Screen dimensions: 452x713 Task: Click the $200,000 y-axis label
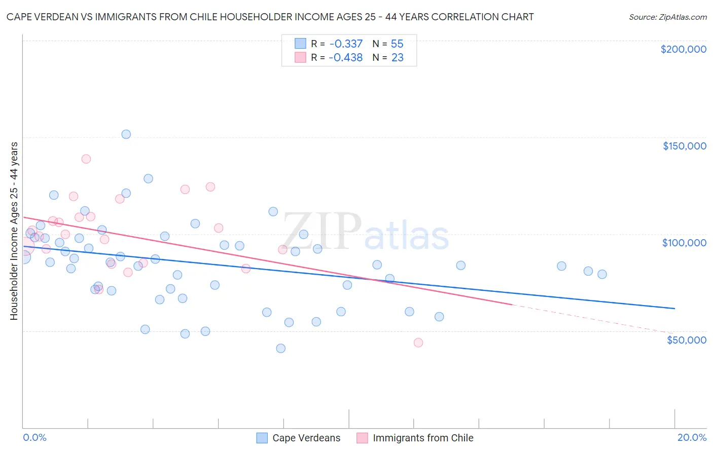tap(683, 49)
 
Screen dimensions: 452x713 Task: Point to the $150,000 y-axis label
tap(684, 146)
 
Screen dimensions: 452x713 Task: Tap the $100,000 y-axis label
tap(684, 243)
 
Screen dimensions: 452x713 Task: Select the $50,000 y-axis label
tap(686, 340)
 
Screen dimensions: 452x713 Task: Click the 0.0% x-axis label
tap(34, 437)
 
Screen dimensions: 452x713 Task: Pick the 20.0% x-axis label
tap(692, 437)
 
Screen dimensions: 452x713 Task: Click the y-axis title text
tap(14, 231)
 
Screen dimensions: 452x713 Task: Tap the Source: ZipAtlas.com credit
tap(667, 17)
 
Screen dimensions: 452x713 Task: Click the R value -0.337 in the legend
tap(346, 44)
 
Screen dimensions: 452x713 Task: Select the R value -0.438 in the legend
tap(346, 58)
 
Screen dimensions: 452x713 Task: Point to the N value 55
tap(397, 44)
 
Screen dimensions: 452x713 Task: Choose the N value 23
tap(397, 58)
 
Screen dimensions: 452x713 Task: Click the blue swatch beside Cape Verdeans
tap(262, 438)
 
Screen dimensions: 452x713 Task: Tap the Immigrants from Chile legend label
tap(423, 438)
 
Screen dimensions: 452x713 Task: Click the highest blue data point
tap(126, 134)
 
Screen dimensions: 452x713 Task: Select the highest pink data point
tap(86, 159)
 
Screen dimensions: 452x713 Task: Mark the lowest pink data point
tap(418, 343)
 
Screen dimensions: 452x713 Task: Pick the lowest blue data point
tap(281, 348)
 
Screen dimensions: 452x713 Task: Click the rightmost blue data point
tap(602, 274)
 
